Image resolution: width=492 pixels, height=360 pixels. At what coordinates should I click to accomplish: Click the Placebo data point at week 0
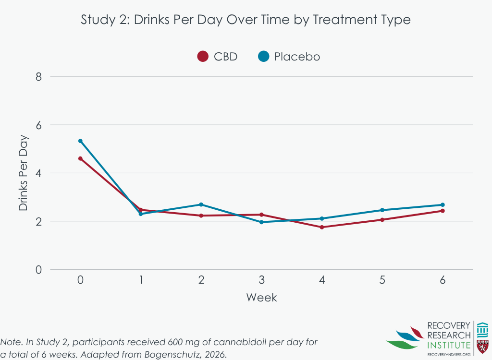(x=80, y=141)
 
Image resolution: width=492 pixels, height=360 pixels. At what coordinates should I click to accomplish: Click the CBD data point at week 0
(x=80, y=158)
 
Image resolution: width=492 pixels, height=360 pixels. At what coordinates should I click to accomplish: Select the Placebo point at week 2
(x=201, y=204)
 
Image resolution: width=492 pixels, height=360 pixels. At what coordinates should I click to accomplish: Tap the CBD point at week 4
(x=322, y=227)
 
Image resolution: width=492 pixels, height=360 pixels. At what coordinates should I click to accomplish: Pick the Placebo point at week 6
(x=443, y=205)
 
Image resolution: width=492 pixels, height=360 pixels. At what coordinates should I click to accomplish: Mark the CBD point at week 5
(x=382, y=220)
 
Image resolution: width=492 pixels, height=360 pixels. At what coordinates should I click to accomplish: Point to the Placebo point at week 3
(x=261, y=222)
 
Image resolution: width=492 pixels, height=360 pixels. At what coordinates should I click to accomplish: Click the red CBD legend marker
(x=203, y=57)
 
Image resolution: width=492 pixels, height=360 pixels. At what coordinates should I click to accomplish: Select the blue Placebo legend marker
(x=263, y=57)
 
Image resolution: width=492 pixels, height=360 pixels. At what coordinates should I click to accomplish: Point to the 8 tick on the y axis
(x=39, y=77)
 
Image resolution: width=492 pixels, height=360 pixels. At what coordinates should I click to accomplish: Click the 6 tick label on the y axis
(x=39, y=125)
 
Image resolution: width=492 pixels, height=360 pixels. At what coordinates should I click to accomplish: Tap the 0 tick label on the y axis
(x=39, y=270)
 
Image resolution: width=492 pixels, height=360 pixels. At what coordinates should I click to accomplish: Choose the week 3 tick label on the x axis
(x=261, y=280)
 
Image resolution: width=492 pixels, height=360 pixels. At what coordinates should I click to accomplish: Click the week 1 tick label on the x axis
(x=141, y=280)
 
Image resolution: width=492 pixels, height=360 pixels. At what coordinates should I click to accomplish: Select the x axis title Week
(x=261, y=298)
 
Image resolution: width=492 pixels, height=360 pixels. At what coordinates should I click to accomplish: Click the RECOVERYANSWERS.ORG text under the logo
(x=449, y=354)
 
